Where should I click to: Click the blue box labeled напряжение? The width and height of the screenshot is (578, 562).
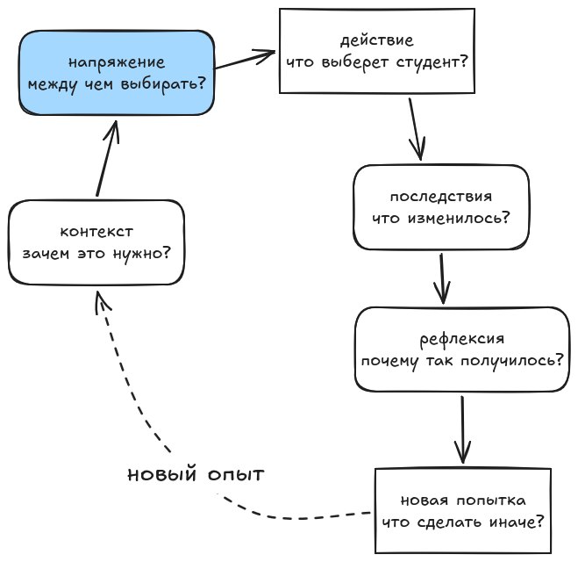pos(117,73)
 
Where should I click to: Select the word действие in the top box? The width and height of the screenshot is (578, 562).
pos(377,40)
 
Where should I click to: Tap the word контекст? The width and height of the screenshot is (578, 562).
pos(96,232)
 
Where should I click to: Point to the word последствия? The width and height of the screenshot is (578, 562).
pos(441,197)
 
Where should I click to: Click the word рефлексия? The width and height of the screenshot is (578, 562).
pos(462,339)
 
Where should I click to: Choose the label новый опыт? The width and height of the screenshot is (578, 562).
pos(196,474)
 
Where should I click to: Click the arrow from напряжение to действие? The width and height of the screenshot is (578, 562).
pos(245,60)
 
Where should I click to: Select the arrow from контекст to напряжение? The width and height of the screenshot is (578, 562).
pos(108,158)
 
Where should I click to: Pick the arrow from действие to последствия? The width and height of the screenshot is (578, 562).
pos(416,129)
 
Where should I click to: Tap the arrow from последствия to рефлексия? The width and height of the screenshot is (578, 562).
pos(442,278)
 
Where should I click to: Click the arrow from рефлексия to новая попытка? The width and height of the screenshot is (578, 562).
pos(462,429)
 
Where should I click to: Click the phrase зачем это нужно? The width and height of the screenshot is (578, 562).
pos(96,255)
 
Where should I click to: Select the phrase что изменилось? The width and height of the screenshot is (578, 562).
pos(441,218)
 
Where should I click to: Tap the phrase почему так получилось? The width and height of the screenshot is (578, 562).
pos(462,361)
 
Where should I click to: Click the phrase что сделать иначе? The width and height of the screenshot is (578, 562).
pos(463,522)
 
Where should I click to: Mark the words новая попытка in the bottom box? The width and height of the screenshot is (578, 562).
pos(463,501)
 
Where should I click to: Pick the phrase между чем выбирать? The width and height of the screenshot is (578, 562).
pos(117,85)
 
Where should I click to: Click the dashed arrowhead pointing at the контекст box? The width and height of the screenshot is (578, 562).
pos(102,300)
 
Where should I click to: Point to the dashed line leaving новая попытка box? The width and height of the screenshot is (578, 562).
pos(295,518)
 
